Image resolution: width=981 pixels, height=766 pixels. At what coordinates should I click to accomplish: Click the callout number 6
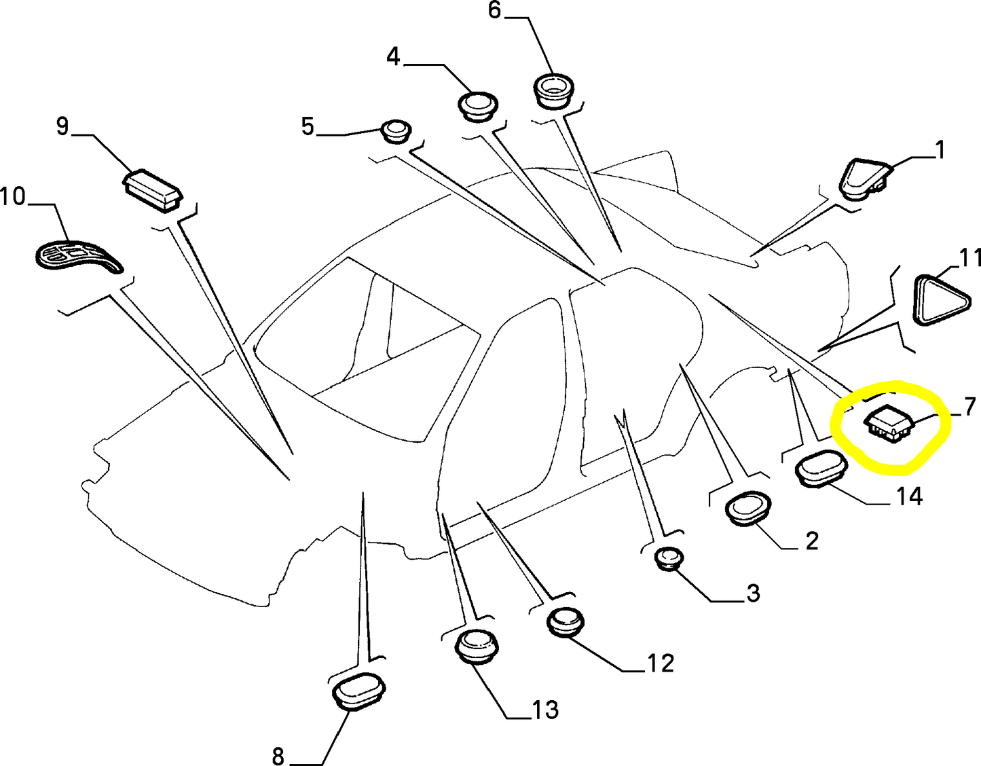[x=494, y=11]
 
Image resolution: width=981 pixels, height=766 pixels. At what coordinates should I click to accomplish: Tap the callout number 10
[x=13, y=197]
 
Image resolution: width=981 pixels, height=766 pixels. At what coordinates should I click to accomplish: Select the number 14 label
[x=908, y=497]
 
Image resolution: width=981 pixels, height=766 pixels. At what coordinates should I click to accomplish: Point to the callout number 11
[x=969, y=258]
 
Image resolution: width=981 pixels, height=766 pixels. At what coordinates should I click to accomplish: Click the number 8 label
[x=278, y=755]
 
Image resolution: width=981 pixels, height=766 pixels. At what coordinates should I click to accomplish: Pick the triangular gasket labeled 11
[x=940, y=299]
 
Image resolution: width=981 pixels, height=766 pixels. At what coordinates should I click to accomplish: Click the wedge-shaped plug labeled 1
[x=864, y=178]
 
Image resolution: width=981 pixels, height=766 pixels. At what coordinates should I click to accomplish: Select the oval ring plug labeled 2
[x=748, y=507]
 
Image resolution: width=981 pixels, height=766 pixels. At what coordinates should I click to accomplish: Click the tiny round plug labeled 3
[x=669, y=558]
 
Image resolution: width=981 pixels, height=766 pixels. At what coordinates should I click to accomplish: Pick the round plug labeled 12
[x=565, y=621]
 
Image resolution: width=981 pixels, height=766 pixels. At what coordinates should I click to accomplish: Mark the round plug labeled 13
[x=475, y=645]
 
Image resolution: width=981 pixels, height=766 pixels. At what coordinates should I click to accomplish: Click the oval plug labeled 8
[x=360, y=691]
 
